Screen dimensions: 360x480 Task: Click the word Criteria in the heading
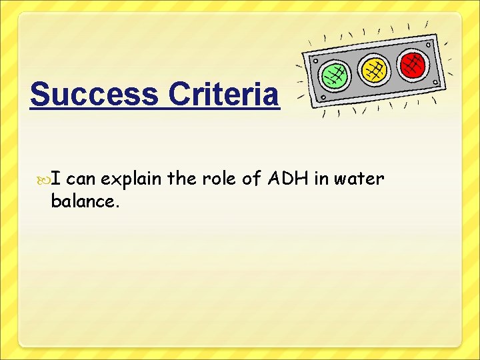click(223, 95)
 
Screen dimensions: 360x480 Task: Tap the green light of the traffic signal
click(335, 75)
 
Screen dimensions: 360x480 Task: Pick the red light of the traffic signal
click(413, 63)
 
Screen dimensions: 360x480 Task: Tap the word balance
click(83, 201)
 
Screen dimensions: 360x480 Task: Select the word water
click(360, 179)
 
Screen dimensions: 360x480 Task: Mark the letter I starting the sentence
click(57, 179)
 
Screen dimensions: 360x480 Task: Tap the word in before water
click(323, 179)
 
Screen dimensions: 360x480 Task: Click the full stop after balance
click(117, 206)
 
